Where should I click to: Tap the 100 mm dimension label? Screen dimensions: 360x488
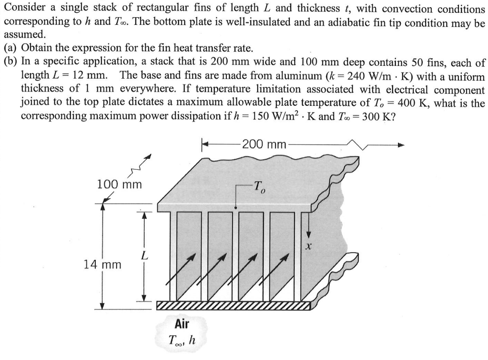pos(119,184)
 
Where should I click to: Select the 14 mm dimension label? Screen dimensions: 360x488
pos(102,263)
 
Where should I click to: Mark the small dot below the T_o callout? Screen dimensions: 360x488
pos(235,208)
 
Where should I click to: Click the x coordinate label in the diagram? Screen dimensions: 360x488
pos(309,247)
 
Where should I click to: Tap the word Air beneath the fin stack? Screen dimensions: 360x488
pos(182,324)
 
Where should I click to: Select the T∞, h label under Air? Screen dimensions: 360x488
pos(181,340)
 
